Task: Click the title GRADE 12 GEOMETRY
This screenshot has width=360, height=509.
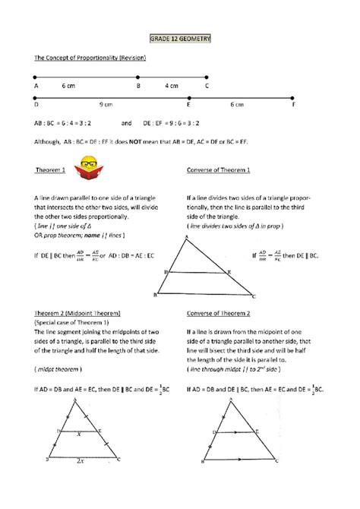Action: (180, 37)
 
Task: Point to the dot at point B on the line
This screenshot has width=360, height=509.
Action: (137, 77)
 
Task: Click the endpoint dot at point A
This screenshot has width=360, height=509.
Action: (36, 77)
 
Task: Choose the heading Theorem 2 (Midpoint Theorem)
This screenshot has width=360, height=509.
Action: (77, 312)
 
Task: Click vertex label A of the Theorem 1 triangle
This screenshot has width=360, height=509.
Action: (185, 236)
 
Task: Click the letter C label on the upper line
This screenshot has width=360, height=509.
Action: (207, 86)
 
